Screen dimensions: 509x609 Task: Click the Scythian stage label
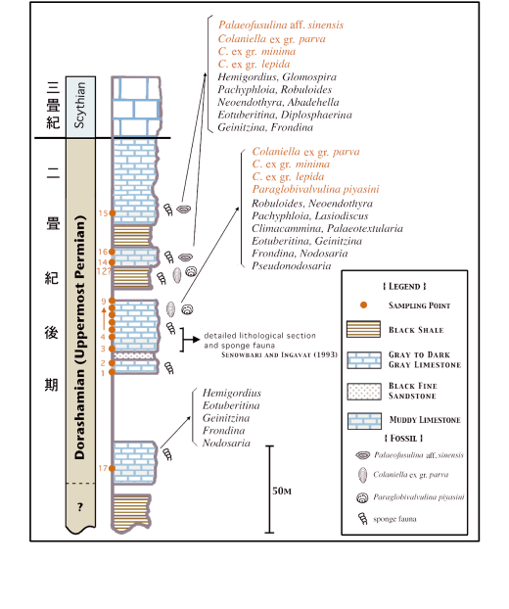tap(79, 105)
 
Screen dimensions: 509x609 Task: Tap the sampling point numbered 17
tap(112, 468)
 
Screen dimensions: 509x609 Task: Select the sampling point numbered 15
tap(113, 213)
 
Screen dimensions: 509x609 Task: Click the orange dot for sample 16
tap(112, 252)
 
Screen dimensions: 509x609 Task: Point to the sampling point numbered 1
tap(112, 372)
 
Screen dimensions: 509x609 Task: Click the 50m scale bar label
tap(282, 491)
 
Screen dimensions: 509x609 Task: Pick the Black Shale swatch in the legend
tap(363, 329)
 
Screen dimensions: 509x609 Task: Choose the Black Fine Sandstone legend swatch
tap(364, 392)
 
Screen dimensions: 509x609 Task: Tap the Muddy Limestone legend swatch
tap(364, 421)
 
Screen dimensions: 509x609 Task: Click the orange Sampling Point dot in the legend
tap(363, 305)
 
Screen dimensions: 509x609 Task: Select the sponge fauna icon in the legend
tap(362, 519)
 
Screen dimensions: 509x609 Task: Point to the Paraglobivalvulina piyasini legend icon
tap(362, 497)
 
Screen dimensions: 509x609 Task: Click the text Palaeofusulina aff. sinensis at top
tap(281, 25)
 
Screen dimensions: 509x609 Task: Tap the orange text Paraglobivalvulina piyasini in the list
tap(315, 189)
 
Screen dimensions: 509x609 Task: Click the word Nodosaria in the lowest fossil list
tap(226, 444)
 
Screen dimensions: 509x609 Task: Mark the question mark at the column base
tap(80, 507)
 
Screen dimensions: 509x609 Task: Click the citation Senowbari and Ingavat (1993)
tap(280, 355)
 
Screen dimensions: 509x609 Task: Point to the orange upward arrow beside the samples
tap(104, 318)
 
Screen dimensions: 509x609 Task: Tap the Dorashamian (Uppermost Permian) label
tap(79, 337)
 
